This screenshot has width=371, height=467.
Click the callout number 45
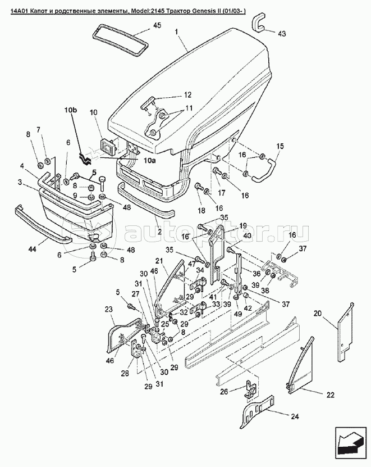click(x=157, y=25)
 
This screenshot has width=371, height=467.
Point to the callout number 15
click(x=280, y=146)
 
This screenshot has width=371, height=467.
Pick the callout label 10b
click(x=71, y=110)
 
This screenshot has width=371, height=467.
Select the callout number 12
click(x=187, y=95)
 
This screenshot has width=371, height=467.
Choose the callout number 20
click(x=317, y=313)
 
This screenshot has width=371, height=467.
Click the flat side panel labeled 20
click(x=345, y=332)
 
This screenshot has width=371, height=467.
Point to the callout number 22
click(x=330, y=395)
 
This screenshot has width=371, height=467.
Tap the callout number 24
click(x=294, y=416)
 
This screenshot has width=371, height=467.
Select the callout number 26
click(x=224, y=392)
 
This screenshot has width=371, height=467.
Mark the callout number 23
click(x=109, y=310)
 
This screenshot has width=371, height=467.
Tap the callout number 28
click(x=125, y=373)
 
